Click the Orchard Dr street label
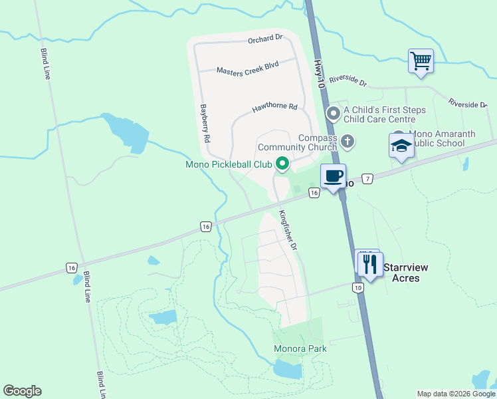tap(265, 40)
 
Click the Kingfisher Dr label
tap(288, 230)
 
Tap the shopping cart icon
tap(421, 62)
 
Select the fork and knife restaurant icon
tap(369, 264)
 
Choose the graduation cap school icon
tap(401, 146)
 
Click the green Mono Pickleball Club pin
tap(282, 163)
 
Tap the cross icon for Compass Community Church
tap(347, 141)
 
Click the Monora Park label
tap(300, 348)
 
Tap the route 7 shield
tap(368, 178)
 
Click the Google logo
tap(22, 391)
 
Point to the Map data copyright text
tap(455, 394)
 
